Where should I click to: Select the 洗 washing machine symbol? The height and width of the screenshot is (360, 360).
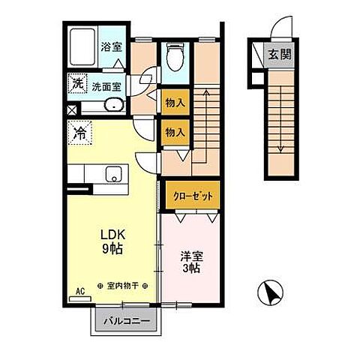77,85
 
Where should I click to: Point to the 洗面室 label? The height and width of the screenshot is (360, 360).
106,86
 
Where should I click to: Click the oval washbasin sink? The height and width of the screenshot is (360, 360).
113,104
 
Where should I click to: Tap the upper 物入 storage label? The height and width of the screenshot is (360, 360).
175,101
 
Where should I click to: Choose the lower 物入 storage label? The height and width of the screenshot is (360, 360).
175,131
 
